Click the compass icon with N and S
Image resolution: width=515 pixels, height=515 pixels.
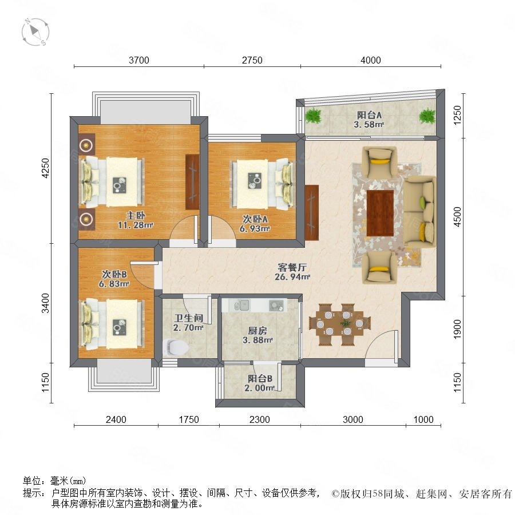pos(35,32)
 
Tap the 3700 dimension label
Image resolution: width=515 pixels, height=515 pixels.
pos(139,60)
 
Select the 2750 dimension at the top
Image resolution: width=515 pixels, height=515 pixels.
pos(252,60)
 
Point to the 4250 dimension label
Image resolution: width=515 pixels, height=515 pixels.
pos(45,168)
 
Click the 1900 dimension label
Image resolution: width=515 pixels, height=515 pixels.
pos(457,329)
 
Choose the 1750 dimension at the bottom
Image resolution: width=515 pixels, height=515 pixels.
pos(189,419)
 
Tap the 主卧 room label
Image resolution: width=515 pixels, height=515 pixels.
pos(136,216)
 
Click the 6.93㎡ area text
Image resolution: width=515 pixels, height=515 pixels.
pos(255,228)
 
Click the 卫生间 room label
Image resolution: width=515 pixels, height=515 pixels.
pos(188,318)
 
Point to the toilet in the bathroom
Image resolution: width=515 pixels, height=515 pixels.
pos(176,347)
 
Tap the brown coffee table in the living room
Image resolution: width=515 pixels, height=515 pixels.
pos(381,213)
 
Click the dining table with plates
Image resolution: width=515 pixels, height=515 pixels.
pos(340,323)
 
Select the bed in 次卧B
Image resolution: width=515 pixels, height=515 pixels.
pos(112,324)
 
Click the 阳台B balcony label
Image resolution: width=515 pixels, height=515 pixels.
pos(260,378)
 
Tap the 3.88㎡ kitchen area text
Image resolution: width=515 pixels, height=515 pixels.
pos(258,340)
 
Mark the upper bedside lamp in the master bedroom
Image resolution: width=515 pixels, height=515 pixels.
pos(86,145)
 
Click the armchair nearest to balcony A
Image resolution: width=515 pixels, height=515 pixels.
pos(379,162)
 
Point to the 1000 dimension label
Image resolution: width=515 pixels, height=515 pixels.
pos(423,419)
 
